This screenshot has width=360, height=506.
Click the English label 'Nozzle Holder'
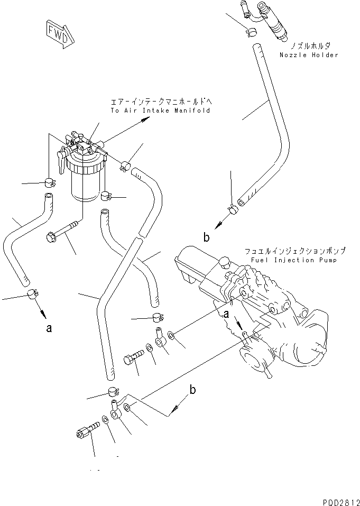click(310, 55)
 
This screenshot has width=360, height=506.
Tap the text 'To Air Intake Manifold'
click(160, 111)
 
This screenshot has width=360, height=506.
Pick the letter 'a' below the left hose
click(49, 328)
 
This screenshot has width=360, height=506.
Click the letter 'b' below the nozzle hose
click(207, 237)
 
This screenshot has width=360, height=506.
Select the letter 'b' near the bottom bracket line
click(193, 390)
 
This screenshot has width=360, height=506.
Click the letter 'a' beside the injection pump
click(227, 314)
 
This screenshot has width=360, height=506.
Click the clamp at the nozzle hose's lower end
click(233, 210)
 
